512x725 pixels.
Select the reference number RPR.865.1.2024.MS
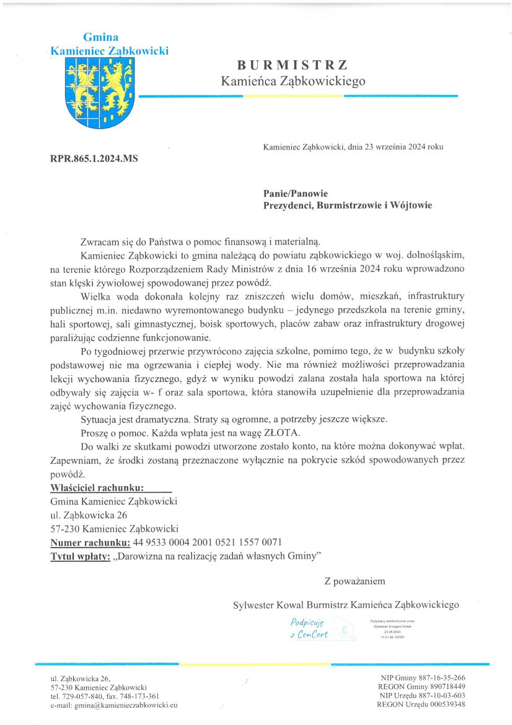[94, 159]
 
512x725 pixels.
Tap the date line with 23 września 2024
[353, 147]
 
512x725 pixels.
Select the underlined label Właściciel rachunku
[97, 487]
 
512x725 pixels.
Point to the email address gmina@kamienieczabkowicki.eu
[114, 705]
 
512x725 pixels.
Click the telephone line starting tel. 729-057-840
[105, 696]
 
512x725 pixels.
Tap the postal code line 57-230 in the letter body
[114, 529]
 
